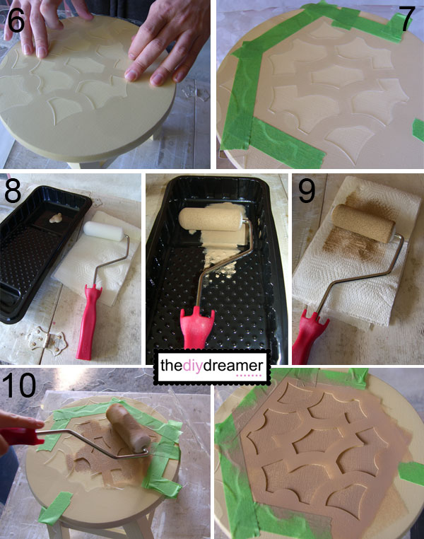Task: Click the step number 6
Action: point(16,21)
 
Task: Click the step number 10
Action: point(19,385)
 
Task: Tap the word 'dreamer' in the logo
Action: point(233,366)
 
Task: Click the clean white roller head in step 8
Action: point(104,231)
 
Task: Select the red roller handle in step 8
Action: point(88,322)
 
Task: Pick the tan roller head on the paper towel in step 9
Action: point(363,223)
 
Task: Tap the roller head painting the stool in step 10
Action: point(128,428)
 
